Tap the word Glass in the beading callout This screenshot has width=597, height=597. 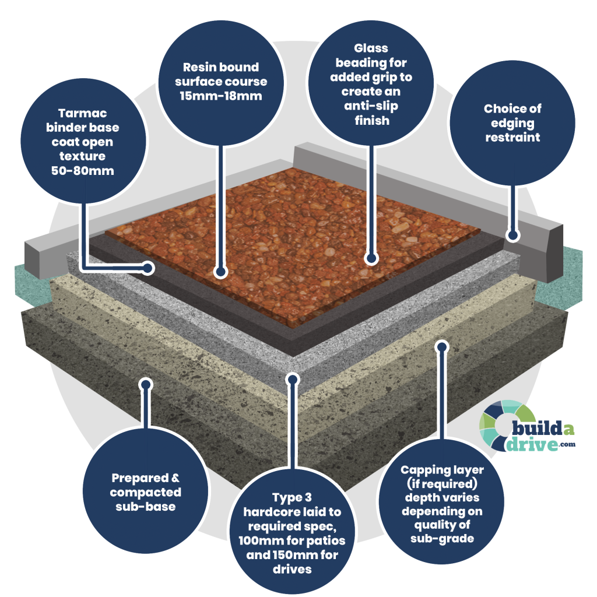click(x=371, y=48)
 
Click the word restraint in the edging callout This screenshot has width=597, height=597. click(x=512, y=138)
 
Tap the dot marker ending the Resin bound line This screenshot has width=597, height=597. click(x=220, y=271)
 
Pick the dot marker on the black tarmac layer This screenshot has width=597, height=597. click(x=148, y=268)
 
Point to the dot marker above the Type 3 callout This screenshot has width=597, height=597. click(x=292, y=380)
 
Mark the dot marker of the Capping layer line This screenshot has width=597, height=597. click(x=441, y=347)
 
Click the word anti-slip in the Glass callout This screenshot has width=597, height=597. click(x=371, y=107)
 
